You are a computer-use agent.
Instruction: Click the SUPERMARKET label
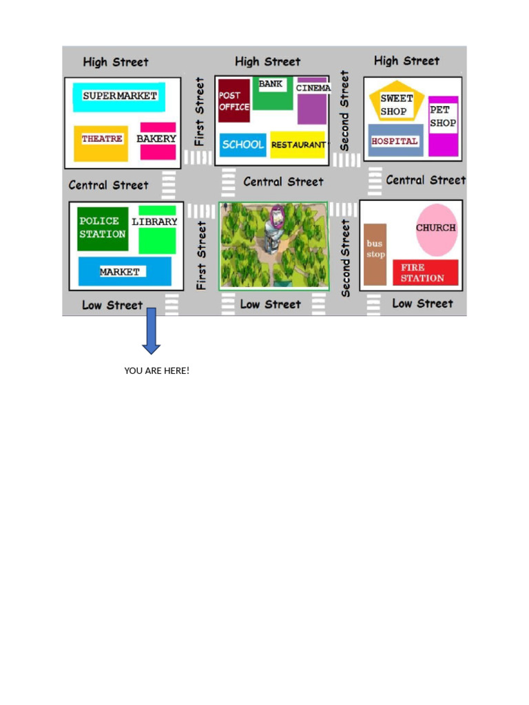(120, 96)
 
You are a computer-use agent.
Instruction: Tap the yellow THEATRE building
(102, 143)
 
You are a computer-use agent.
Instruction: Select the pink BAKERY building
(158, 141)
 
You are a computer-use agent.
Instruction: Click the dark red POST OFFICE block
(234, 101)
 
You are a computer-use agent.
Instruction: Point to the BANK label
(271, 84)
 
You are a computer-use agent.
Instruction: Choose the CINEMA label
(313, 88)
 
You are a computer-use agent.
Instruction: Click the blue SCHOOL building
(242, 145)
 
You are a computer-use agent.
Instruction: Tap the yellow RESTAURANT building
(298, 145)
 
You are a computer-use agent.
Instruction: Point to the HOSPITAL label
(395, 141)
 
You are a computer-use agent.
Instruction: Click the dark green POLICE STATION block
(103, 228)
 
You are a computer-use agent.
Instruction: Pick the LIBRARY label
(154, 222)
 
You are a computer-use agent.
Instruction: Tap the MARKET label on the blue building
(120, 272)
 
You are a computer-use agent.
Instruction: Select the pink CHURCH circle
(436, 229)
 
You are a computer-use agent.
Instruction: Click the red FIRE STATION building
(425, 272)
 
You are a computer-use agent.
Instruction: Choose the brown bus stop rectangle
(375, 253)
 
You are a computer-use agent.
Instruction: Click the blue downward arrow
(152, 332)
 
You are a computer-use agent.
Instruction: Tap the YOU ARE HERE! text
(156, 371)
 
